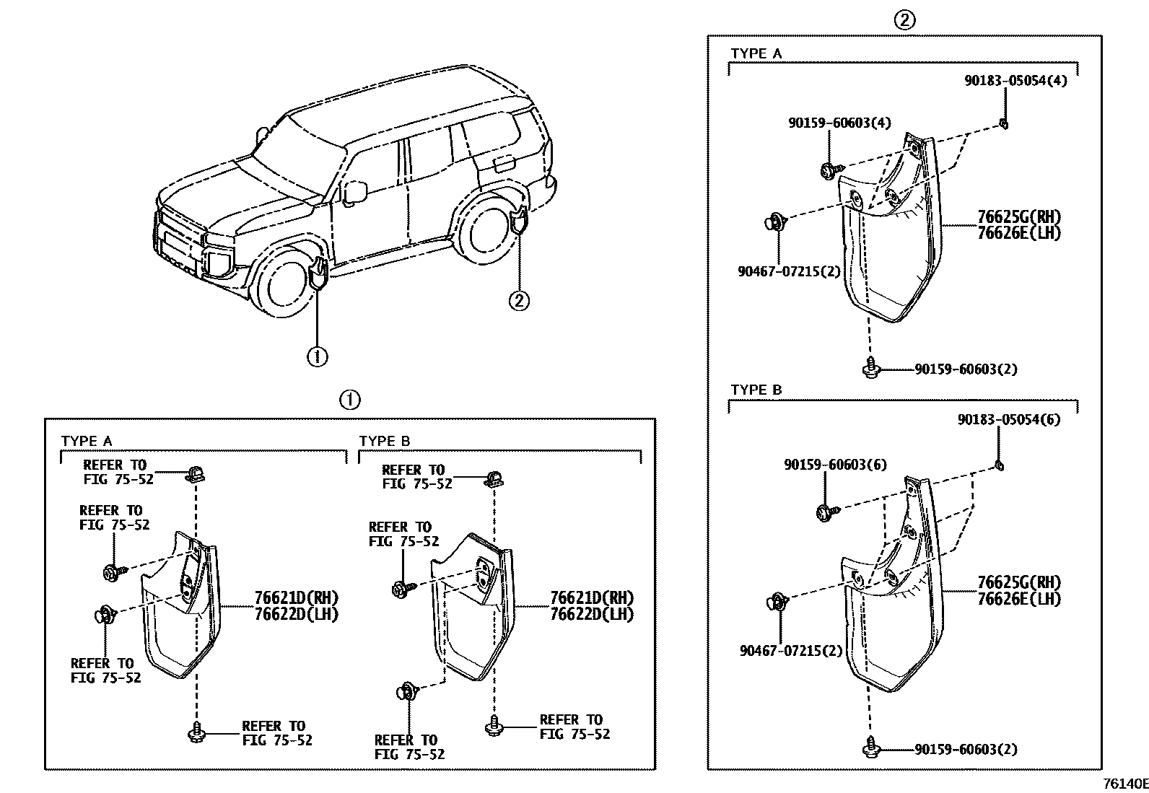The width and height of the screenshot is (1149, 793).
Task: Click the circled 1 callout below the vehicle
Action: [x=318, y=356]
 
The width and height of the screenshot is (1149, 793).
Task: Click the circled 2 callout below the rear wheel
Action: [x=519, y=299]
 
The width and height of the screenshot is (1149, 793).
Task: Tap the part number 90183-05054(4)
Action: [x=1015, y=80]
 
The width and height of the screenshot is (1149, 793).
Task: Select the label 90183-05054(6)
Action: [x=1009, y=419]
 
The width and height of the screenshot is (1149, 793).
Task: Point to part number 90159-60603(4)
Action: [x=839, y=123]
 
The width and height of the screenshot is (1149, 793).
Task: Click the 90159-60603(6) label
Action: [x=835, y=465]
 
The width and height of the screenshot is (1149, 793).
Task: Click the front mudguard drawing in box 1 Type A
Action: [x=181, y=606]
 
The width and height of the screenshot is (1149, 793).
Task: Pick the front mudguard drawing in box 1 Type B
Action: [x=473, y=606]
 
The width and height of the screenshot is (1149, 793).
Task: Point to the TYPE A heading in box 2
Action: [x=756, y=53]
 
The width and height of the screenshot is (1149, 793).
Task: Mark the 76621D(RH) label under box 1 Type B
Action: [x=591, y=597]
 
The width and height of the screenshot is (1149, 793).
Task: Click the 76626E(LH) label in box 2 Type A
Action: [x=1019, y=233]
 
